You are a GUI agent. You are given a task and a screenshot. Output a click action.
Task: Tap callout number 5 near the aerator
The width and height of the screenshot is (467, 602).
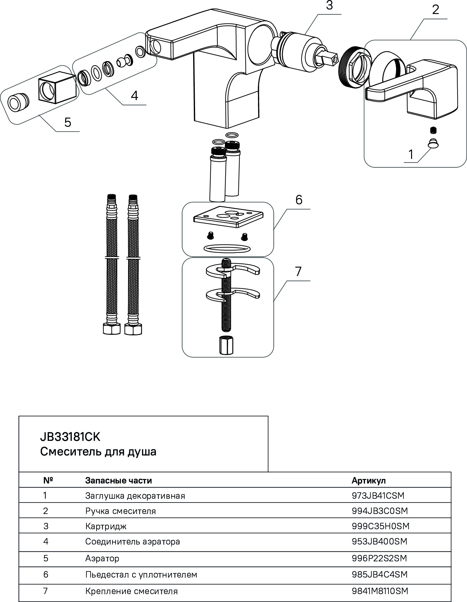68,122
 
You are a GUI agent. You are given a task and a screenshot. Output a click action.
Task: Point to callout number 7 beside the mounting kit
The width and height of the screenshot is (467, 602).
298,272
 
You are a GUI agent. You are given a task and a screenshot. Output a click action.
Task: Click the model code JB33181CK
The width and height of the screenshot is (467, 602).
70,437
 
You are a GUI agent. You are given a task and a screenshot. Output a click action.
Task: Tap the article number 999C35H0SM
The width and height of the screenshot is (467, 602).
380,526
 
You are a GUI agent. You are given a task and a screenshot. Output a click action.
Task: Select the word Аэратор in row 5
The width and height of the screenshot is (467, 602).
102,558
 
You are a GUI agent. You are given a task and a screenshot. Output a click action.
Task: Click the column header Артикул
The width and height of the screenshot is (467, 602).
368,480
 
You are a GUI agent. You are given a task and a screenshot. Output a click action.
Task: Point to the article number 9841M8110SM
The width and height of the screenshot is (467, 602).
380,591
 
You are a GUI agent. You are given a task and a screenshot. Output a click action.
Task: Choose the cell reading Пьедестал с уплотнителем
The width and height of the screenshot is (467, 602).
141,574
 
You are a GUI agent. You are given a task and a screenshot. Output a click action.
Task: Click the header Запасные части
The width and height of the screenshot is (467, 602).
118,480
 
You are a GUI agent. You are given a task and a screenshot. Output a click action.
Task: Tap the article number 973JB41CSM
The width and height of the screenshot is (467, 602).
378,496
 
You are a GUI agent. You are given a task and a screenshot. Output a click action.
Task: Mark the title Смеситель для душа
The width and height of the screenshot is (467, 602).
98,452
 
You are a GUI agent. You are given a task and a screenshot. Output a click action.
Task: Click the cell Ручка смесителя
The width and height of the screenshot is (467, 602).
120,511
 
